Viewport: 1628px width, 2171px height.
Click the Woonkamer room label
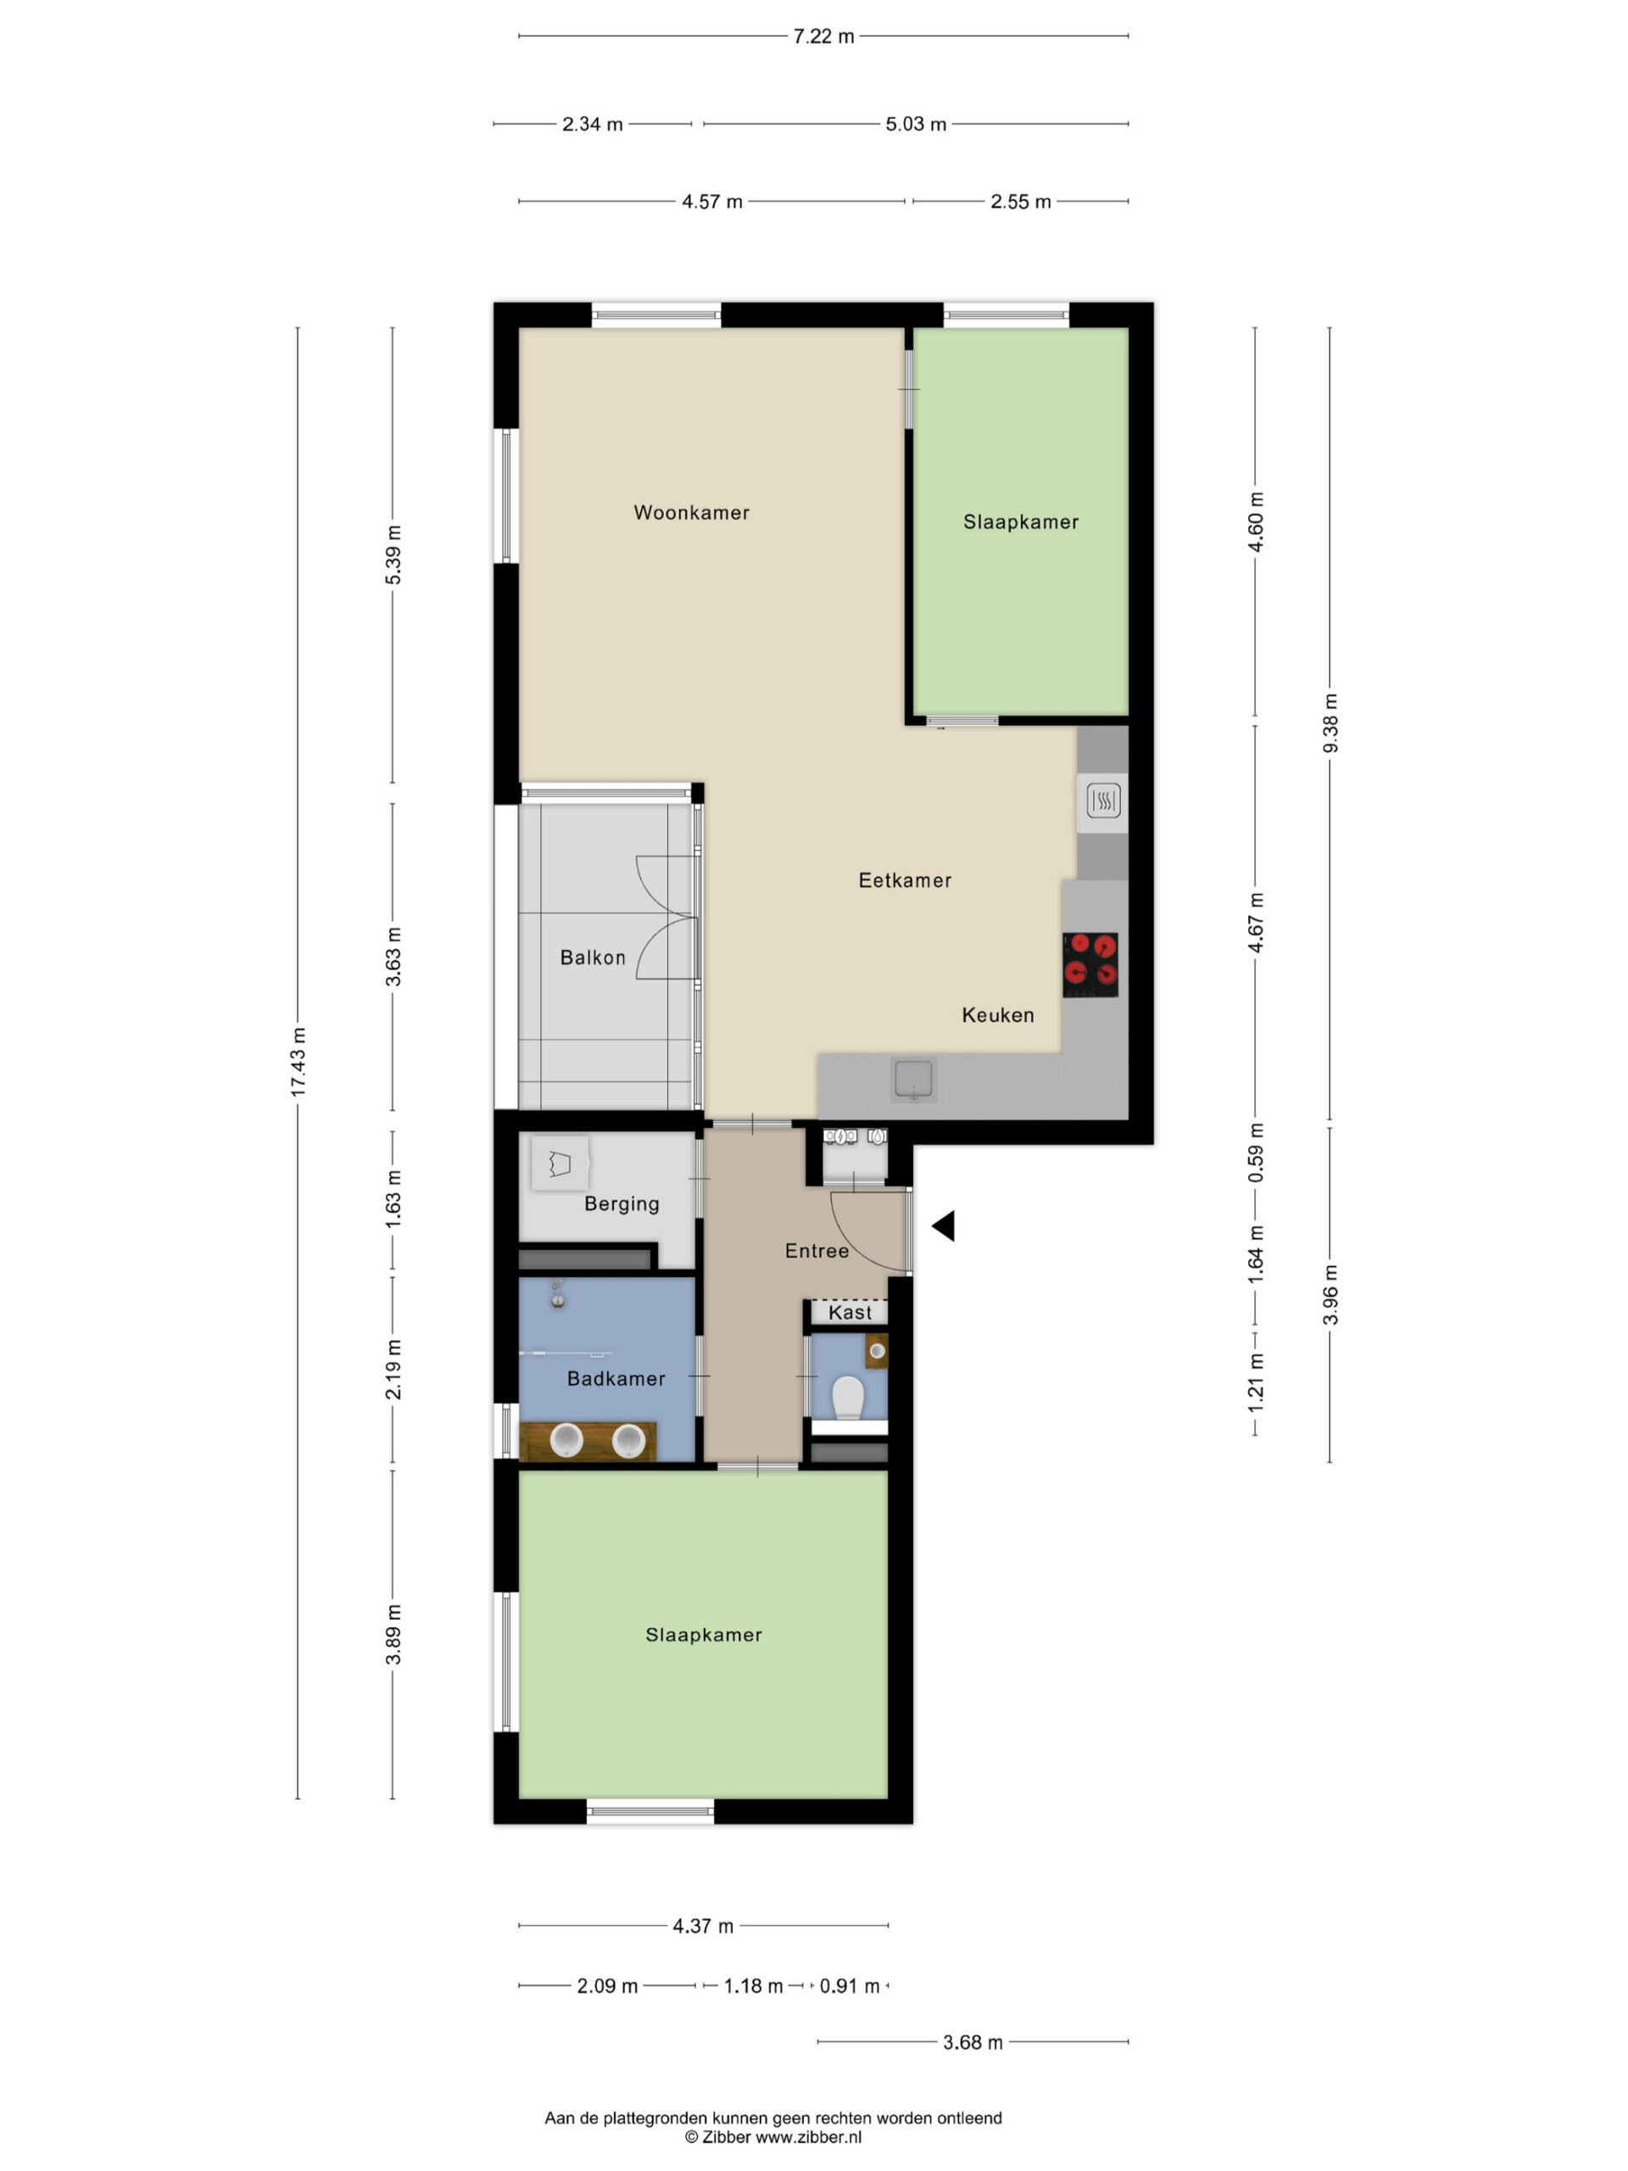pos(691,512)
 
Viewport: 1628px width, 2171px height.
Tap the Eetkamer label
pos(905,880)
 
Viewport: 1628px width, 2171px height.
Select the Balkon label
pos(593,957)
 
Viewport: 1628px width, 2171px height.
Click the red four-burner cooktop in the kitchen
pos(1090,963)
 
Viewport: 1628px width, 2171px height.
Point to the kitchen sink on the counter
pos(913,1080)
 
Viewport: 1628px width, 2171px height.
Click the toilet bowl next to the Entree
pos(847,1398)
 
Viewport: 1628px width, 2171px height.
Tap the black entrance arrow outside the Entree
pos(943,1225)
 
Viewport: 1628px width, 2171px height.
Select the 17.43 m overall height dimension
pos(298,1062)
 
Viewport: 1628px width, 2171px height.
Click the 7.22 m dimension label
pos(824,36)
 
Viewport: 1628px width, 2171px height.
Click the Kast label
pos(850,1312)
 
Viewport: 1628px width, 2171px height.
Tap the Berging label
pos(622,1204)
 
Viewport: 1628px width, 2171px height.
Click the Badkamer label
pos(616,1379)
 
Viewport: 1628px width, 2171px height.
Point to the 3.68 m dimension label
pos(973,2042)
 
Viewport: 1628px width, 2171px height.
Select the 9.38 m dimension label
pos(1330,723)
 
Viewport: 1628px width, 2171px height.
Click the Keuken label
pos(998,1015)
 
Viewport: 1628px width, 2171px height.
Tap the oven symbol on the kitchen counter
pos(1103,802)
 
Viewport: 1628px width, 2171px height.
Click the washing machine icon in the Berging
pos(560,1164)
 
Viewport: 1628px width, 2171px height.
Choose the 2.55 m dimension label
pos(1021,201)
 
